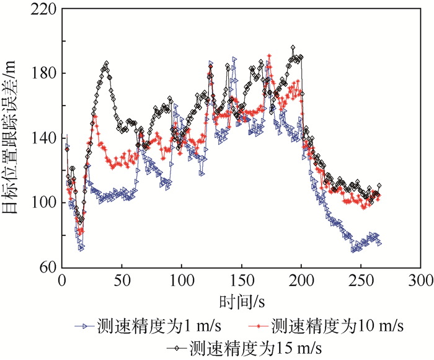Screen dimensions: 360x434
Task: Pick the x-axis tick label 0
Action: (61, 281)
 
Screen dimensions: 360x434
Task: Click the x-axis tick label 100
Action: (181, 281)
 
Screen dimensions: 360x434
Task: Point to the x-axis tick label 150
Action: (241, 281)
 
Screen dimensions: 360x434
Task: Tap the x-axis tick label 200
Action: (301, 281)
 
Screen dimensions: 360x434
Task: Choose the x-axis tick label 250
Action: (361, 281)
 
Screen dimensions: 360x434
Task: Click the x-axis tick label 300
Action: (422, 281)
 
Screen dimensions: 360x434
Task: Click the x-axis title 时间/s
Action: (241, 302)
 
